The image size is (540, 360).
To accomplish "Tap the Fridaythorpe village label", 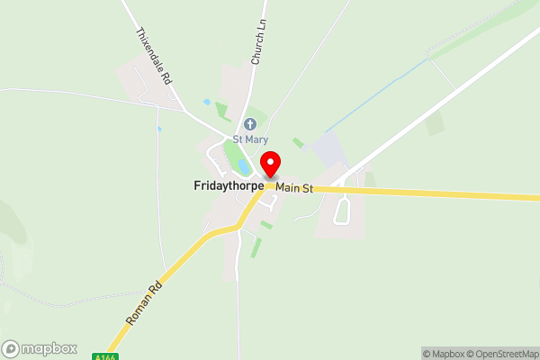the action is click(229, 186).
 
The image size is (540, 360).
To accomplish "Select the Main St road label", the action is click(294, 188).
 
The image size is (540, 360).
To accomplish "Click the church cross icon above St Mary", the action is click(249, 123).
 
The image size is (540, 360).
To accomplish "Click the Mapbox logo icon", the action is click(12, 348).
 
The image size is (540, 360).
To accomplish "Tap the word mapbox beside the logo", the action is click(49, 348).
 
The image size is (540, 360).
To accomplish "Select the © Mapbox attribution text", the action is click(445, 353).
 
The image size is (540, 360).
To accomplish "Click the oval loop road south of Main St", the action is click(342, 211).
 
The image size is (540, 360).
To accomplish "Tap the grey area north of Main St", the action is click(328, 149).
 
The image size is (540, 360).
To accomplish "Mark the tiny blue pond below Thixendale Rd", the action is click(159, 129).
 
